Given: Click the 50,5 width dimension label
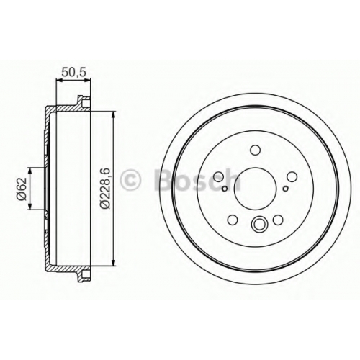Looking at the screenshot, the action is [73, 72].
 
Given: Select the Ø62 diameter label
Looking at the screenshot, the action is [21, 189].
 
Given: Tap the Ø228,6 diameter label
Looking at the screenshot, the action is [105, 189].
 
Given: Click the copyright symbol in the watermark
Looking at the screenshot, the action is [131, 179].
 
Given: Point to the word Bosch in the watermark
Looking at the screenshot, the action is [197, 179].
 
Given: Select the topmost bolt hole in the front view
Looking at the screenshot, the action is [255, 150].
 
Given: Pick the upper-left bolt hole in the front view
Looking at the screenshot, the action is [218, 176].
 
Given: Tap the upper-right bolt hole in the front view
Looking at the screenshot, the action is [292, 177].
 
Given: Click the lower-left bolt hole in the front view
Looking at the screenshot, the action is [233, 220].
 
